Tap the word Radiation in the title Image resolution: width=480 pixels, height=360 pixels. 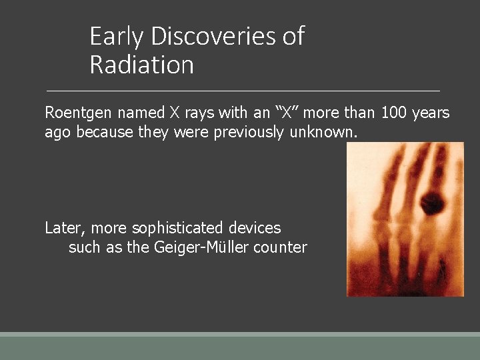141,65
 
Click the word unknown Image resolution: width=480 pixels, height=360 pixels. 323,132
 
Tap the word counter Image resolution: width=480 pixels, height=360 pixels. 280,247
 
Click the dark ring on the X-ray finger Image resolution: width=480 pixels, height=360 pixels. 433,200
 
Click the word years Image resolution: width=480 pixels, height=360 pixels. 431,113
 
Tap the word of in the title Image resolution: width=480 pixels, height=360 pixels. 293,36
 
